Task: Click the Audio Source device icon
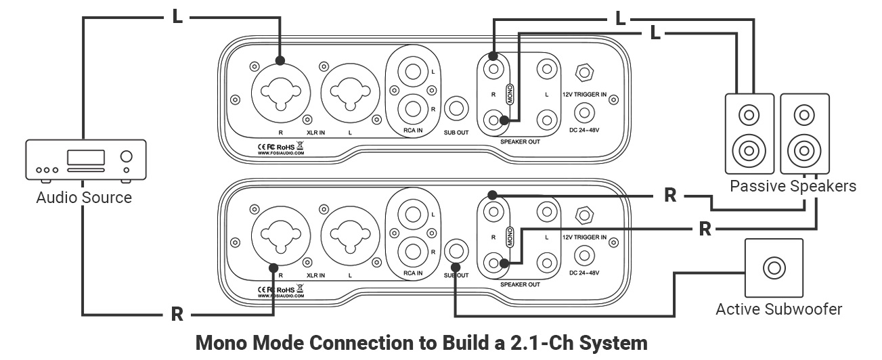click(x=85, y=161)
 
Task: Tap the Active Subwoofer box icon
click(x=773, y=268)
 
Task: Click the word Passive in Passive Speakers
click(x=753, y=185)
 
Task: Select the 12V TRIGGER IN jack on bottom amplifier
click(x=581, y=215)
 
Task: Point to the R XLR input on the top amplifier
click(x=280, y=89)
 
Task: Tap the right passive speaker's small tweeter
click(x=803, y=114)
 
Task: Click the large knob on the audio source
click(x=126, y=157)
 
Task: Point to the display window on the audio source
click(x=85, y=156)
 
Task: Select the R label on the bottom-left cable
click(x=177, y=314)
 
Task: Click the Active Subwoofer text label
click(x=778, y=310)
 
